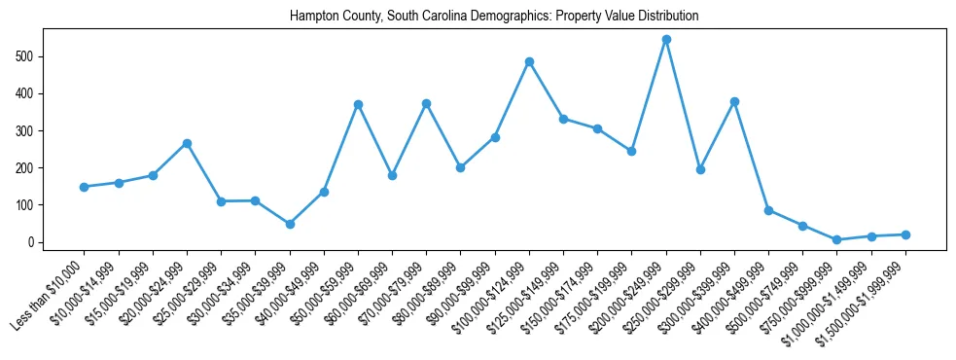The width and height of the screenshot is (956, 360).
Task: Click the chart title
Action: pos(494,17)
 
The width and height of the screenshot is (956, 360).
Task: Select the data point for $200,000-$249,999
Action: pos(666,40)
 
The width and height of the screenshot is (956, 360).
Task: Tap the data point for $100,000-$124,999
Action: pos(529,61)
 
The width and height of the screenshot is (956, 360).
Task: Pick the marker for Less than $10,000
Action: pos(85,187)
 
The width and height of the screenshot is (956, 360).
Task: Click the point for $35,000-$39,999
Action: pos(290,224)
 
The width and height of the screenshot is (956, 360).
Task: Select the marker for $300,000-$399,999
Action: pos(734,101)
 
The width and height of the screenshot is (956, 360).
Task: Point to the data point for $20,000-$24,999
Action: pos(187,143)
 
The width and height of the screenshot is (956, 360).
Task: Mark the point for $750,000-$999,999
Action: pos(836,239)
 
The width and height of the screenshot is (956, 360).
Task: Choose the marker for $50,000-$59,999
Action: pos(358,104)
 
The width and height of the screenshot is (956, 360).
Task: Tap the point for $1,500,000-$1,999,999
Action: pos(905,234)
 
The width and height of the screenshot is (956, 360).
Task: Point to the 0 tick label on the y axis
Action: pos(33,242)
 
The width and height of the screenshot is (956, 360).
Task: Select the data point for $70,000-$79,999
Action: pos(426,103)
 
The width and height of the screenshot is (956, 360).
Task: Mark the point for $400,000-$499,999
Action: pos(768,210)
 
